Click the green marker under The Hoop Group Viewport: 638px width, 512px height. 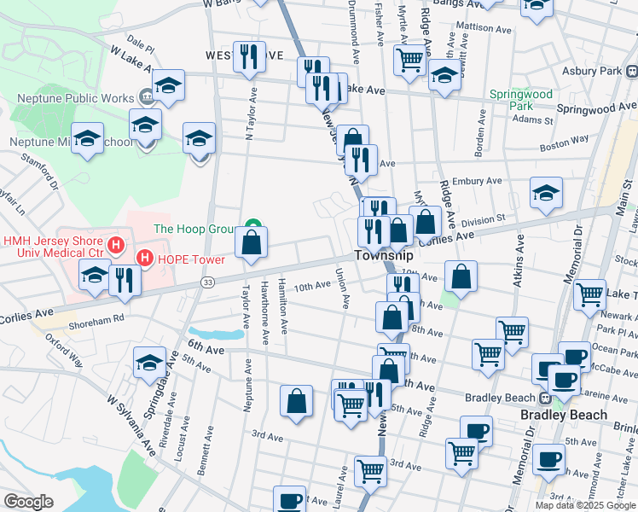coord(252,227)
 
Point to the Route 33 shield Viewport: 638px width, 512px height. coord(207,281)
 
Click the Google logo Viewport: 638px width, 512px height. coord(28,502)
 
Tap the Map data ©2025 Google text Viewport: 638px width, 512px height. coord(585,505)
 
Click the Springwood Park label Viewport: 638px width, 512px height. coord(520,100)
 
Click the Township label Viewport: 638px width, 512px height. coord(384,256)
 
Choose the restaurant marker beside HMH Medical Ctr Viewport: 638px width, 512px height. coord(126,279)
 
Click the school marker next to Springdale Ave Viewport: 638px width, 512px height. coord(149,362)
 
